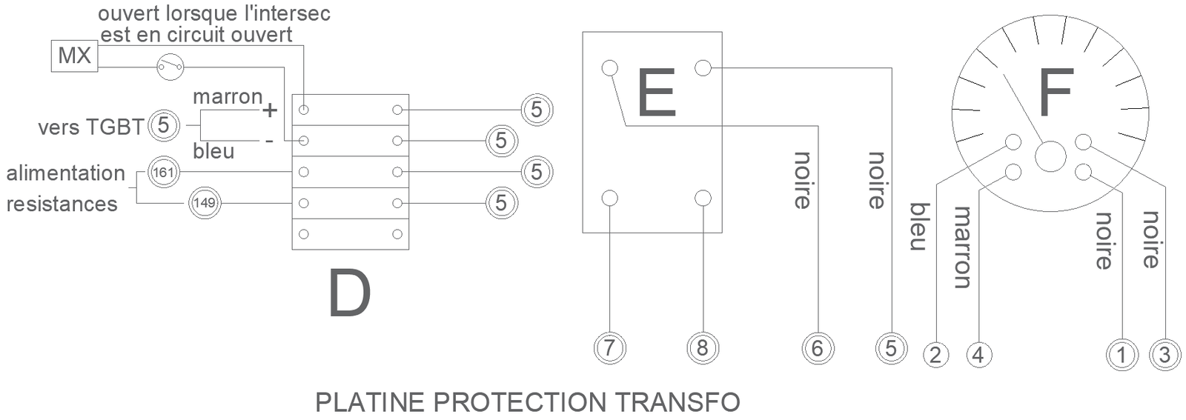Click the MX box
(74, 56)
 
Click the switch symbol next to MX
(170, 67)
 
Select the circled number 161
(162, 173)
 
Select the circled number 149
(204, 203)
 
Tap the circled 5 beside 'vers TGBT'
(164, 125)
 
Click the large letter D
(349, 294)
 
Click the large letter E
(656, 93)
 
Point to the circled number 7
(610, 347)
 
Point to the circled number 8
(703, 347)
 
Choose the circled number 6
(818, 347)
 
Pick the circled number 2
(935, 355)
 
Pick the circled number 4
(978, 355)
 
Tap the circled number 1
(1122, 355)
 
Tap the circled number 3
(1165, 355)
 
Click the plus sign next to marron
(270, 110)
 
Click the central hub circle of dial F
(1050, 156)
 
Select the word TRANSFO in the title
(678, 402)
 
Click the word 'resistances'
(62, 204)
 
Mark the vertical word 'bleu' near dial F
(919, 227)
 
